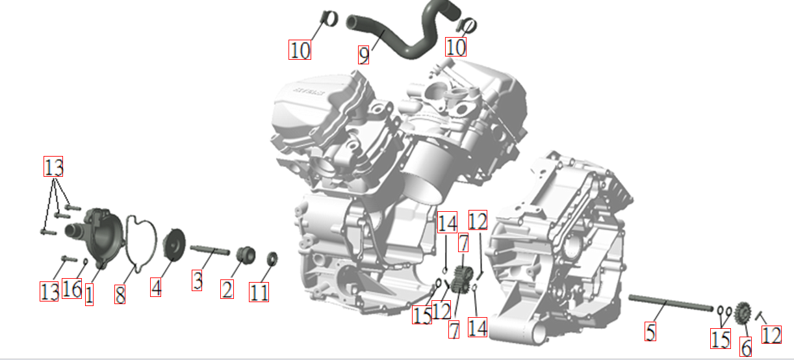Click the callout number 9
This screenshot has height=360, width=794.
coord(364,55)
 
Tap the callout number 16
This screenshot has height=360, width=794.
coord(72,289)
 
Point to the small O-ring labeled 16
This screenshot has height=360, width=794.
coord(85,262)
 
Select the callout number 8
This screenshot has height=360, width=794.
coord(120,294)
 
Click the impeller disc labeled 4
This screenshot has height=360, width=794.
coord(173,243)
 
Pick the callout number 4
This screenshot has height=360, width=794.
coord(155,287)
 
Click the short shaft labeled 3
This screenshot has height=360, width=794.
coord(210,250)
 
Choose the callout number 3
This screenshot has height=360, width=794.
coord(197,280)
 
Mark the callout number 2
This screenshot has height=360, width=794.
coord(227,289)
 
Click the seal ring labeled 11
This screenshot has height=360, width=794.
coord(272,259)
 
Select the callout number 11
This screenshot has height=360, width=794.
coord(259,292)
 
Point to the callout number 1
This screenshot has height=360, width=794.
coord(89,294)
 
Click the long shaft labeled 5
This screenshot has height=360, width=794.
coord(671,303)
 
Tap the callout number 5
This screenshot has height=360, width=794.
coord(650,331)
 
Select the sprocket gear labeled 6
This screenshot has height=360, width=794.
coord(743,314)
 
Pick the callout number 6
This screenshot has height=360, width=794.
coord(745,347)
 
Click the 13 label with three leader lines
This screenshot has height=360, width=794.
coord(53,166)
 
